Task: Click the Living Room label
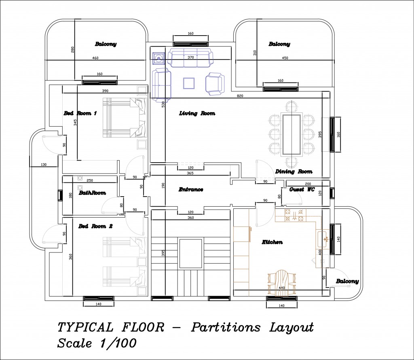(197, 113)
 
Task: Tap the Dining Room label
(294, 172)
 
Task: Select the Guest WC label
(302, 189)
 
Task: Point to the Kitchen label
(272, 242)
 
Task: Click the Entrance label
(191, 189)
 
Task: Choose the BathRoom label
(92, 193)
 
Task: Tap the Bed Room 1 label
(80, 113)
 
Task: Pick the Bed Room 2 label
(95, 227)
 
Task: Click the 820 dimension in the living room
(240, 96)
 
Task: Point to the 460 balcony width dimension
(95, 58)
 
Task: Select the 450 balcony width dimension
(285, 58)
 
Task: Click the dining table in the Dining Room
(291, 134)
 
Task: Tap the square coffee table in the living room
(189, 83)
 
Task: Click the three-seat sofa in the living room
(190, 57)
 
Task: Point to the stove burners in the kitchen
(294, 215)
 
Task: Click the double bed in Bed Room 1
(125, 118)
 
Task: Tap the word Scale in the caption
(75, 343)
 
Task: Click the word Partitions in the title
(226, 328)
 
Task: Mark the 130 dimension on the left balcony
(44, 165)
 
